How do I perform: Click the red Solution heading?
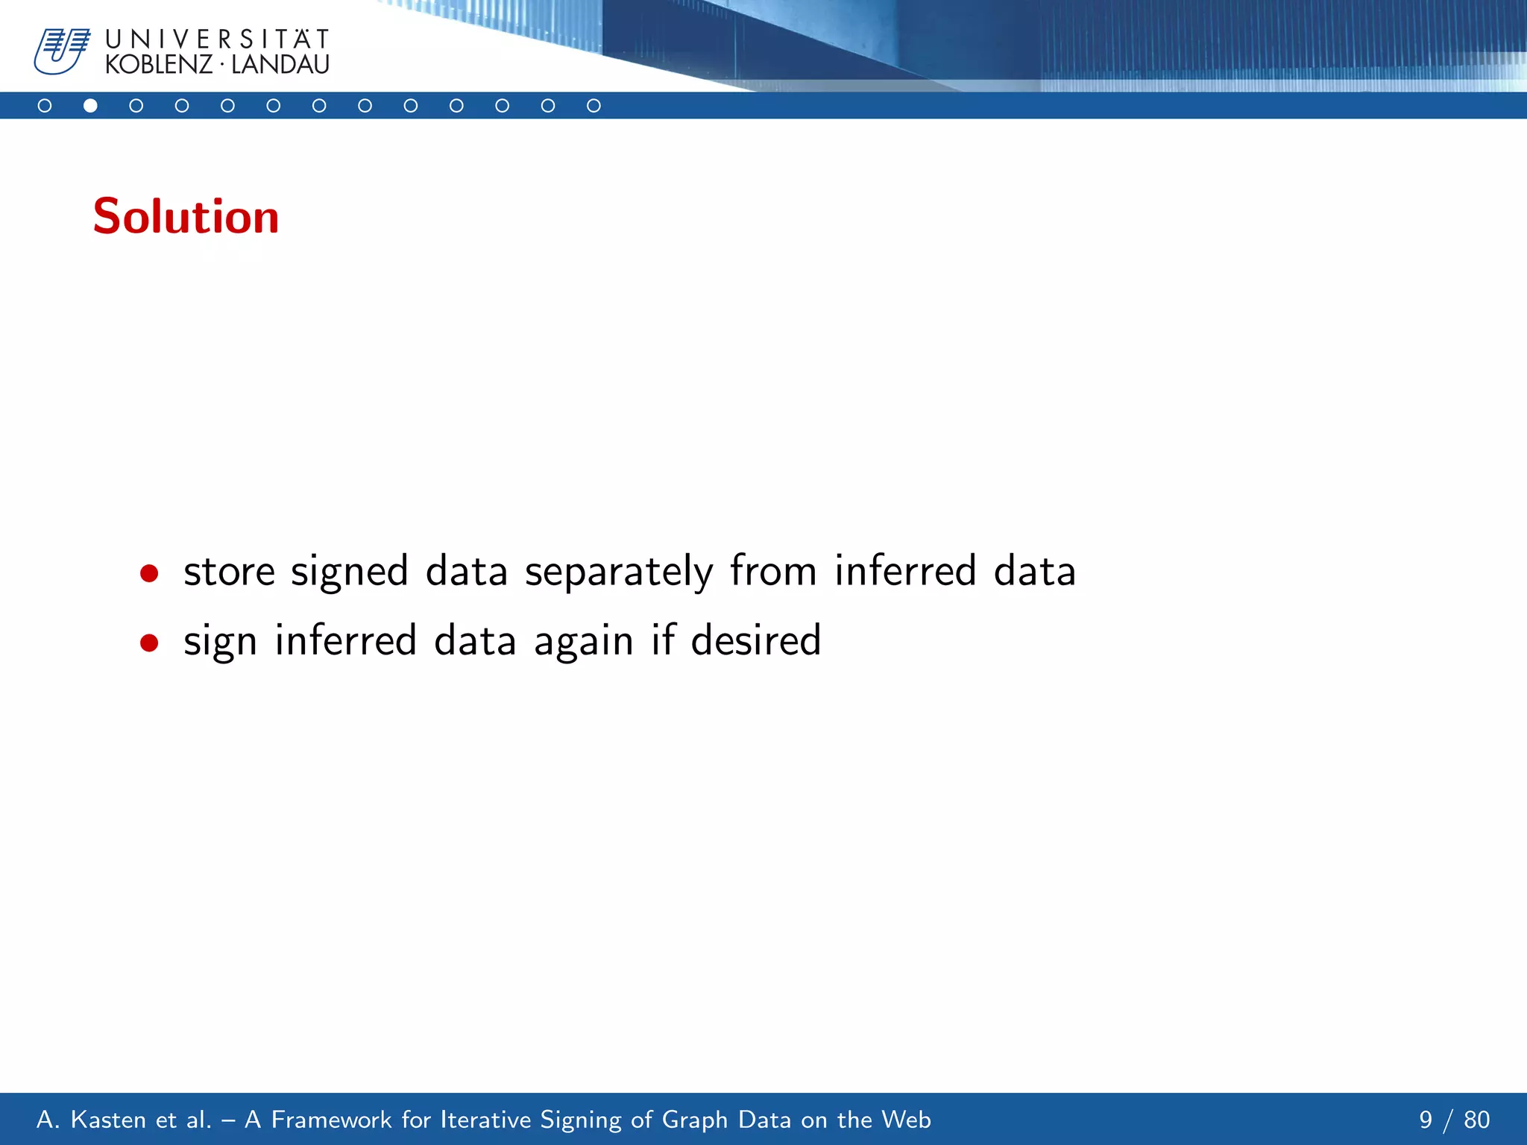point(186,217)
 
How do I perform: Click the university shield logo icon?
point(61,51)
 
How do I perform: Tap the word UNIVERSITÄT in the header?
point(217,39)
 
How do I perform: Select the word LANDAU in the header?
point(280,65)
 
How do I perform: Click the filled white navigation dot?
point(90,106)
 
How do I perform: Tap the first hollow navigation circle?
point(45,106)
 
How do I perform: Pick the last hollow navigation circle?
point(594,106)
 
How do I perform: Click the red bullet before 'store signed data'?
point(149,573)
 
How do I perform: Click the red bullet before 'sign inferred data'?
point(149,643)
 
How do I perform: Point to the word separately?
point(619,572)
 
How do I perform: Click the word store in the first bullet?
point(229,572)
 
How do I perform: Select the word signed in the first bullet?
point(349,572)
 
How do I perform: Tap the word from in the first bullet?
point(773,571)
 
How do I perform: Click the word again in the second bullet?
point(583,642)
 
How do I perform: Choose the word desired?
point(755,640)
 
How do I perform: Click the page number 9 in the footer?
point(1426,1120)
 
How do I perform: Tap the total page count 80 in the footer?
point(1476,1120)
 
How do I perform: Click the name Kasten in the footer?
point(108,1120)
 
